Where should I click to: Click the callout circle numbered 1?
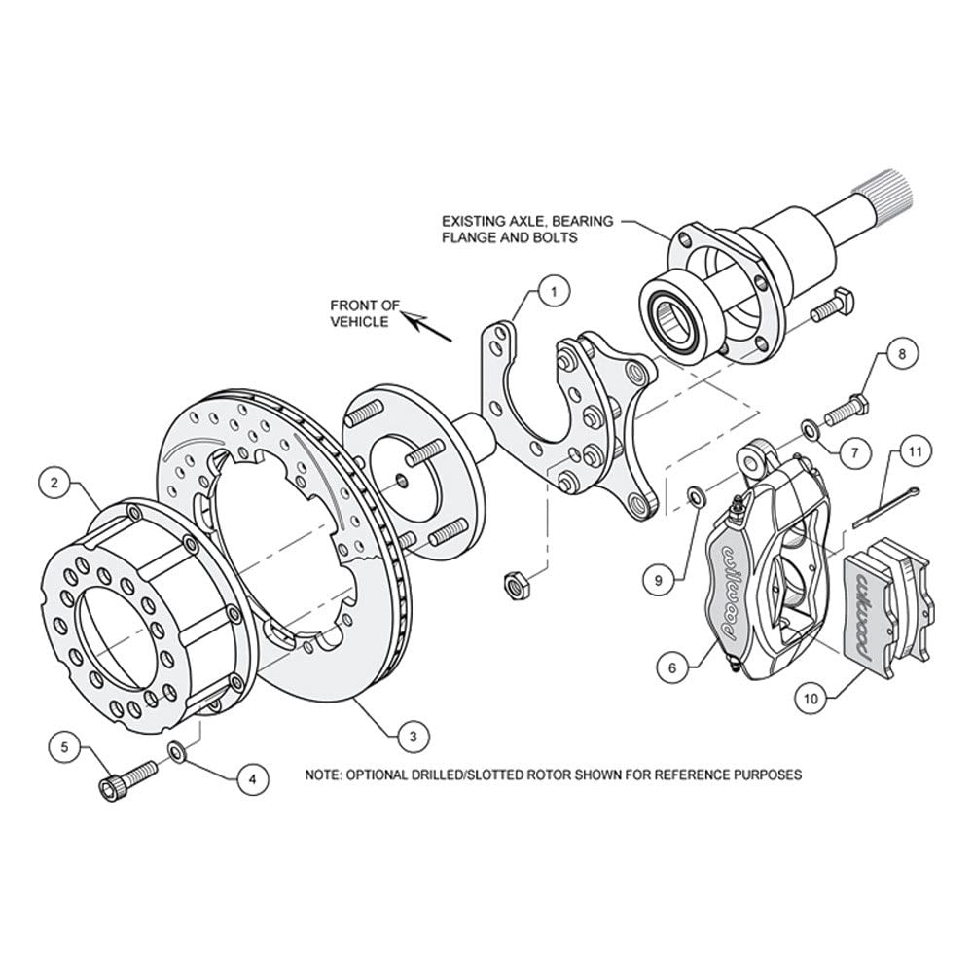tap(555, 290)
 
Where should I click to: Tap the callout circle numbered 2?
tap(54, 483)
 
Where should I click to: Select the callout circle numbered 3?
tap(414, 737)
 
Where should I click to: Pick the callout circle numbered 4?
tap(253, 778)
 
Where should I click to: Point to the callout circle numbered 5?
tap(66, 747)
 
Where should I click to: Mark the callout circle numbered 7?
tap(854, 453)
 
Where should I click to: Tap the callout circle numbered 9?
tap(659, 580)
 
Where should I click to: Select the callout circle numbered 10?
tap(811, 699)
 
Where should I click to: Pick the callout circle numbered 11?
tap(916, 451)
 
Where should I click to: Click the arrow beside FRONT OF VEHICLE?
tap(427, 325)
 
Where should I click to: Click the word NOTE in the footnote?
tap(321, 775)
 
